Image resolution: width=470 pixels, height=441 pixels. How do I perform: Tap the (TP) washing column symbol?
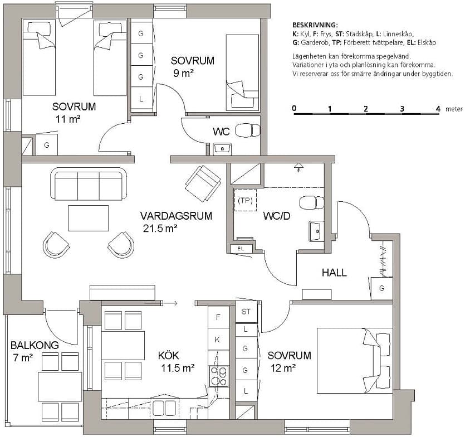tap(243, 200)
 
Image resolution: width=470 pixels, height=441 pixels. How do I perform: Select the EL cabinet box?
tap(241, 248)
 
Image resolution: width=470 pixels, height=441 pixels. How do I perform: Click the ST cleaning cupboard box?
tap(246, 312)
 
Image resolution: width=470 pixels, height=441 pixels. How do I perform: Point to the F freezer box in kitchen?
tap(218, 317)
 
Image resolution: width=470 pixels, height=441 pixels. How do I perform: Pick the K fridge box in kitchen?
tap(218, 339)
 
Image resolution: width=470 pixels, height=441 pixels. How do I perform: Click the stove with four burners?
tap(218, 375)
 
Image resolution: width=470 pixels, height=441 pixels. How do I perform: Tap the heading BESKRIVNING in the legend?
tap(315, 26)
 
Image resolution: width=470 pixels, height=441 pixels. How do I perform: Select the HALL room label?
tap(334, 273)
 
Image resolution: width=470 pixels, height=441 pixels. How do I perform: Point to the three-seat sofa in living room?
tap(88, 183)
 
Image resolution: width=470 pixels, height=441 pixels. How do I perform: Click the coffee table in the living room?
tap(88, 218)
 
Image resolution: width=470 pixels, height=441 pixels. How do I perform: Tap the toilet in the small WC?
tap(248, 130)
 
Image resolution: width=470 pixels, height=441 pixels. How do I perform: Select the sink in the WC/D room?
tap(315, 230)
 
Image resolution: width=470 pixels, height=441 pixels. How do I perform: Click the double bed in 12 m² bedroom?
tap(354, 357)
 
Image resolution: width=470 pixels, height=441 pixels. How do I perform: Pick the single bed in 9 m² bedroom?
tap(242, 72)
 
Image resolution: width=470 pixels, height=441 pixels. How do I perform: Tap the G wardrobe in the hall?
tap(381, 288)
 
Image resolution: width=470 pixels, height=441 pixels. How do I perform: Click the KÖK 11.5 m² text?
tap(176, 362)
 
